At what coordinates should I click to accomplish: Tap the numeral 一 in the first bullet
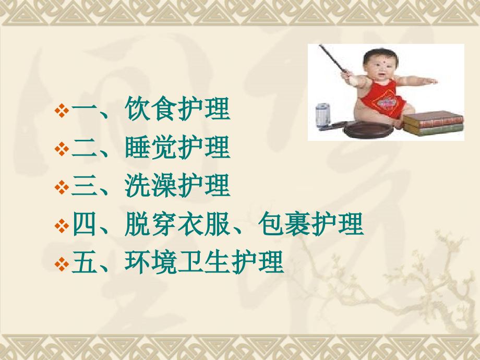pyautogui.click(x=83, y=111)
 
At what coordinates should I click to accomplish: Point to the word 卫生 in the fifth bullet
pyautogui.click(x=204, y=263)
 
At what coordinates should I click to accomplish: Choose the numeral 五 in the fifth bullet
pyautogui.click(x=83, y=263)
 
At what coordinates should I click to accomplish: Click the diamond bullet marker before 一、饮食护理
pyautogui.click(x=62, y=111)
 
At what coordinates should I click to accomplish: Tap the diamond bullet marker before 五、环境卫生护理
pyautogui.click(x=62, y=264)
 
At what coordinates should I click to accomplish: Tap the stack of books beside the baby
pyautogui.click(x=433, y=124)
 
